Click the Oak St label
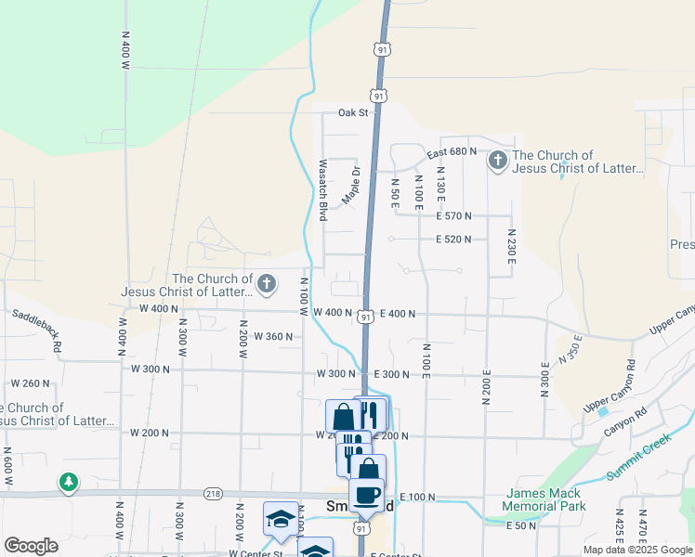pos(353,113)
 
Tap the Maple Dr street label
pos(350,186)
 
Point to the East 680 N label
pos(451,151)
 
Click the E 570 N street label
pos(453,215)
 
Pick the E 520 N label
pos(453,239)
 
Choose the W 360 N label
pos(272,336)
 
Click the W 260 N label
pos(31,383)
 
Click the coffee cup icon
pos(366,495)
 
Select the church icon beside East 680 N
pos(498,162)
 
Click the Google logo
pos(31,546)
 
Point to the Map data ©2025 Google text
pos(636,550)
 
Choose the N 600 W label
pos(8,464)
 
